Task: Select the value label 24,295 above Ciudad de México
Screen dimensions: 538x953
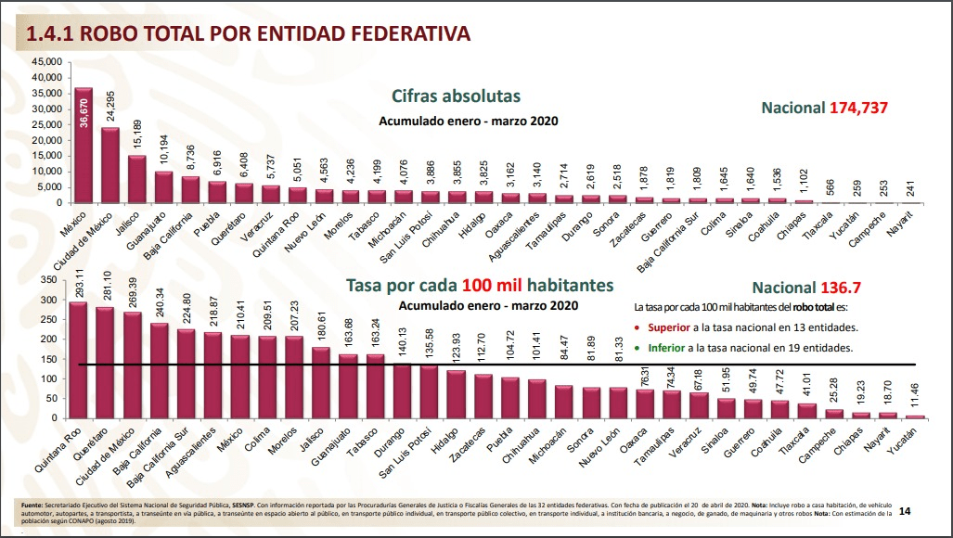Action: point(110,107)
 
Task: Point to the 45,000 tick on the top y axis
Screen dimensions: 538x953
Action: point(47,62)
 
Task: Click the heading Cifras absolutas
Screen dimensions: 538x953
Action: point(456,96)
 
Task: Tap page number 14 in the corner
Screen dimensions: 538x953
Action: point(905,509)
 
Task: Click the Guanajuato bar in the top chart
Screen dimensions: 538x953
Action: point(164,186)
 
